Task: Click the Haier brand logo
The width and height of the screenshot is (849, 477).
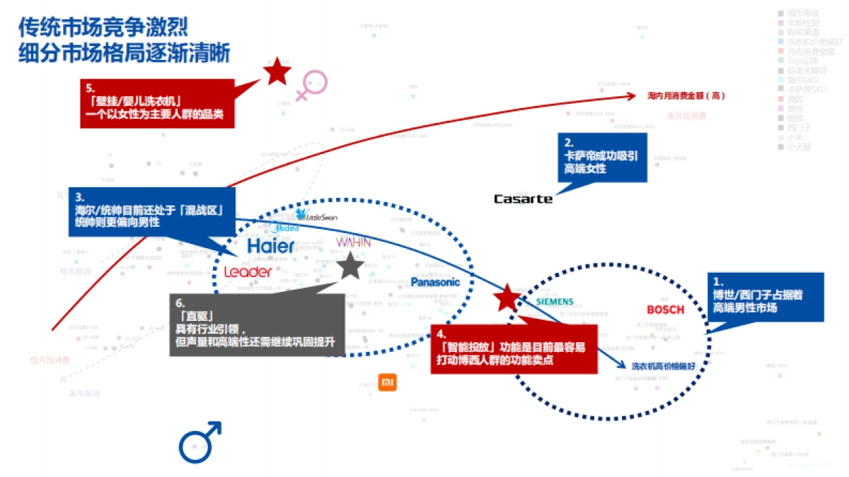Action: click(x=271, y=246)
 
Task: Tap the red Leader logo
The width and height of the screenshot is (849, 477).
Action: click(x=247, y=271)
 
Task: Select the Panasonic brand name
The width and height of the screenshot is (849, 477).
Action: click(x=435, y=282)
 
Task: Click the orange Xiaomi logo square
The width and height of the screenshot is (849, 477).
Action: click(x=387, y=382)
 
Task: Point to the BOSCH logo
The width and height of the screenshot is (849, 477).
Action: click(x=666, y=310)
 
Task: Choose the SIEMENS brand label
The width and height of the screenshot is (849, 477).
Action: click(x=555, y=301)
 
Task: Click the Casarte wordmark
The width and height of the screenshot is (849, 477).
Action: click(x=523, y=199)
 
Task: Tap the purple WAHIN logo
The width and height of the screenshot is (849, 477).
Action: click(x=353, y=242)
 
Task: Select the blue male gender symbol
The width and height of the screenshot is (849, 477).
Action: click(x=200, y=441)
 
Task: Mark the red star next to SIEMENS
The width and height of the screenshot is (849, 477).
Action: click(x=507, y=299)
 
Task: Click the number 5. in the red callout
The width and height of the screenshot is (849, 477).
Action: click(x=90, y=88)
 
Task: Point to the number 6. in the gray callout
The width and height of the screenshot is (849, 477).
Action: click(x=180, y=302)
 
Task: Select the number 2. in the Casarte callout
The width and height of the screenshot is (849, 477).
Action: click(x=567, y=141)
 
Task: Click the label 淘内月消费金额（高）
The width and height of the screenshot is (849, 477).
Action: click(x=686, y=95)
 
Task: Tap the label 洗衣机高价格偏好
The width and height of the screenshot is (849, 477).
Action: click(x=664, y=365)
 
